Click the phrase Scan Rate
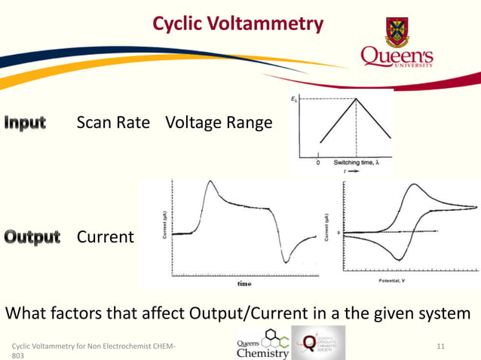tap(113, 122)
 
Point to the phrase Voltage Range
tap(219, 122)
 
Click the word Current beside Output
tap(105, 237)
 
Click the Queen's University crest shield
tap(397, 31)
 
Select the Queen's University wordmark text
tap(397, 57)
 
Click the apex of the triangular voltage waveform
tap(357, 99)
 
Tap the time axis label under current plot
tap(245, 284)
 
